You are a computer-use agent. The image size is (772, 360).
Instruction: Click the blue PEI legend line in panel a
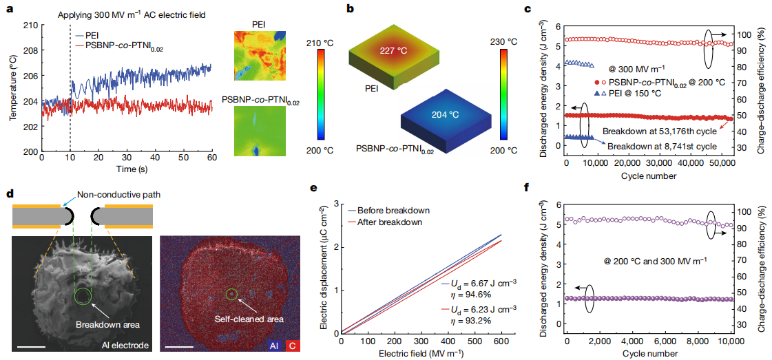pos(83,34)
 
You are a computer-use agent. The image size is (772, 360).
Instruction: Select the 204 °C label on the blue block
pos(448,115)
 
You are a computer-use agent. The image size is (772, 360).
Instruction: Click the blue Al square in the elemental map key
pos(274,343)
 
